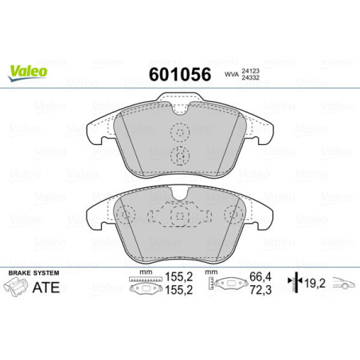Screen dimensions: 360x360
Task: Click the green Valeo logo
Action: click(x=29, y=69)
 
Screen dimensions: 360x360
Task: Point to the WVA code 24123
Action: click(x=252, y=71)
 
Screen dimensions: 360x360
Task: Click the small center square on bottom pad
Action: click(x=181, y=214)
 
